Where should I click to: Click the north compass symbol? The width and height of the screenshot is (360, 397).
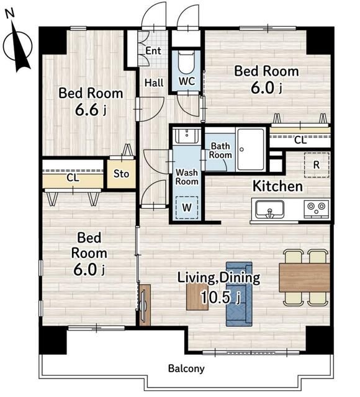18,42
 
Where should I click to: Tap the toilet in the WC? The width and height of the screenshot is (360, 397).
186,62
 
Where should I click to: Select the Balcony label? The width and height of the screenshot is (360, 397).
186,368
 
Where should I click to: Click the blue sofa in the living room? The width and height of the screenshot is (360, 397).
239,294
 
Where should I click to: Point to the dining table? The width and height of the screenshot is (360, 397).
305,277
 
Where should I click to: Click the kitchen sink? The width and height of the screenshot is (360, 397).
269,209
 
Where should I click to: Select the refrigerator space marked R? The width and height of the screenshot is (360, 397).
317,165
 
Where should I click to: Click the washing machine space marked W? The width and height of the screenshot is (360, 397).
187,208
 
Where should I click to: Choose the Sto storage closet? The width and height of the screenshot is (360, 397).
121,174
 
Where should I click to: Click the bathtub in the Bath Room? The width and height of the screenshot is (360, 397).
251,149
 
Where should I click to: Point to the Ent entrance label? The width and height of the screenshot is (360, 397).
153,51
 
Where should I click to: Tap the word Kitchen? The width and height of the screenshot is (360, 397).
278,186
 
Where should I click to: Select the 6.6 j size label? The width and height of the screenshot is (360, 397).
91,110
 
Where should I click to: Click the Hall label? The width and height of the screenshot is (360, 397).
154,83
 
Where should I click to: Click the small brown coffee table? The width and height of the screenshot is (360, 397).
197,297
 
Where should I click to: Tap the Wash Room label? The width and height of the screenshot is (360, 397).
187,177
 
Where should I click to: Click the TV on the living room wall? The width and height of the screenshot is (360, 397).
143,305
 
